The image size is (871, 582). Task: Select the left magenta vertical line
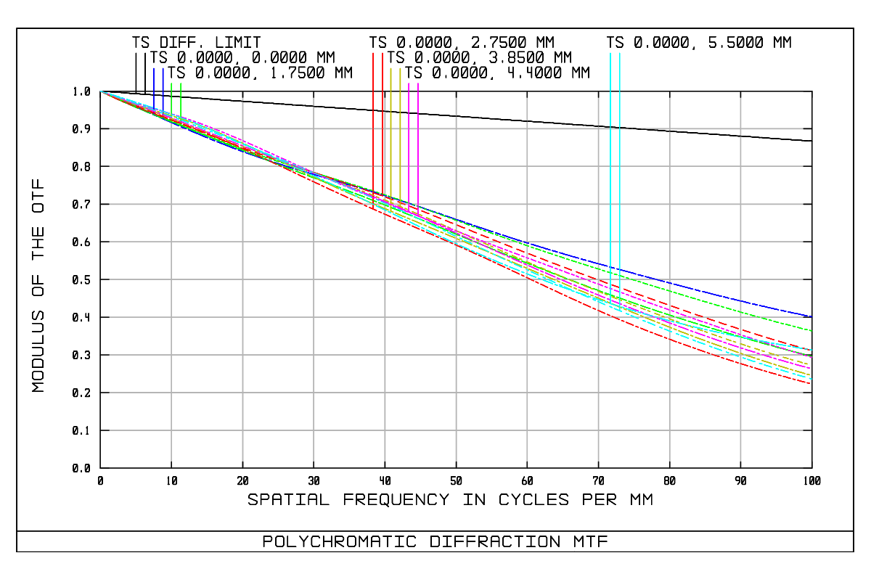pos(409,145)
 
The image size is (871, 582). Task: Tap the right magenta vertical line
pos(418,145)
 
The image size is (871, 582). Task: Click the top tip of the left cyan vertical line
pos(610,53)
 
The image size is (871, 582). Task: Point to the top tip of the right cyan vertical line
pos(620,53)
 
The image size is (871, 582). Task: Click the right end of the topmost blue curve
pos(811,316)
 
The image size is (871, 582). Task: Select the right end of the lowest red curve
pos(811,384)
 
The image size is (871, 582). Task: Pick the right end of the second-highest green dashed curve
pos(811,331)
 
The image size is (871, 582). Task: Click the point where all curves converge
pos(100,91)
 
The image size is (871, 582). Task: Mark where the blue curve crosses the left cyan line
pos(610,267)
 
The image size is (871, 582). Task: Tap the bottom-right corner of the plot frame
pos(812,468)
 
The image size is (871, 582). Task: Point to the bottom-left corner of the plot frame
pos(100,468)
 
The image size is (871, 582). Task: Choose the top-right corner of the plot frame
pos(812,91)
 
